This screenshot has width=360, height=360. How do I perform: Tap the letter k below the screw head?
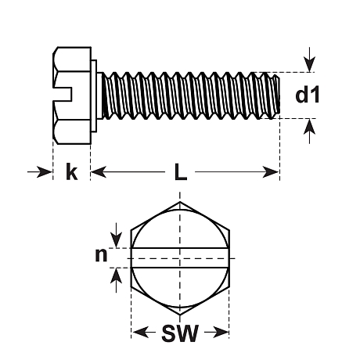coord(72,171)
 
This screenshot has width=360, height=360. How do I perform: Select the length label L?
coord(181,172)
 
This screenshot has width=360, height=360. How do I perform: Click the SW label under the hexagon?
coord(180,333)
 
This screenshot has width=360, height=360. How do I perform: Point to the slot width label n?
coord(101,255)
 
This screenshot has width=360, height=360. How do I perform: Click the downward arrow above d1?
coord(309,59)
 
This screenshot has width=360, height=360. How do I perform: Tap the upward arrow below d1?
coord(309,131)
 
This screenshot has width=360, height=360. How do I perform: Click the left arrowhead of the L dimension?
coord(99,172)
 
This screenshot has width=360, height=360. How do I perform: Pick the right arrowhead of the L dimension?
coord(271,172)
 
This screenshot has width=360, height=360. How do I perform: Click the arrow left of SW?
coord(144,333)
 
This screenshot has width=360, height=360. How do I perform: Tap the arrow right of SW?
coord(217,333)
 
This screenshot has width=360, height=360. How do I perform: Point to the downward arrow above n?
coord(117,235)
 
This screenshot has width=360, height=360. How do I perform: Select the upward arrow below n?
coord(117,280)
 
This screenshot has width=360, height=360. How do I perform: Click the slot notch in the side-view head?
coord(63,95)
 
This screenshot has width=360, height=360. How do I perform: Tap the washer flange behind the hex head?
coord(94,96)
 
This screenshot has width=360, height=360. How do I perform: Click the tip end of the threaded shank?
coord(279,95)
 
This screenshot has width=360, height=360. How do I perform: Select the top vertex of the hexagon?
coord(180,202)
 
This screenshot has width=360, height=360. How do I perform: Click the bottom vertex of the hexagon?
coord(180,315)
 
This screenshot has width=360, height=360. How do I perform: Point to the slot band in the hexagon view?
coord(180,258)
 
